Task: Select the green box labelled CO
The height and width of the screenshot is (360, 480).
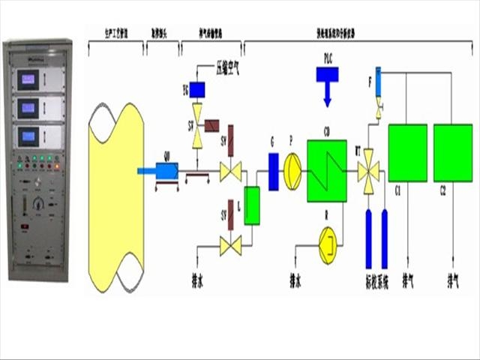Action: pyautogui.click(x=327, y=170)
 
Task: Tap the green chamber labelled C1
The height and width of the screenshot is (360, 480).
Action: pyautogui.click(x=407, y=153)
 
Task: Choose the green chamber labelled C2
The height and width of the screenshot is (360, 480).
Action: pyautogui.click(x=453, y=153)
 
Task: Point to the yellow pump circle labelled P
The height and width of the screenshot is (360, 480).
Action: pyautogui.click(x=292, y=170)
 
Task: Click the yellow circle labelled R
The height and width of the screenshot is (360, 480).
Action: pyautogui.click(x=328, y=244)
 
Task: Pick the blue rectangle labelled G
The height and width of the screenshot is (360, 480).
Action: pyautogui.click(x=273, y=170)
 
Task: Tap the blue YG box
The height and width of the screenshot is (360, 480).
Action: pyautogui.click(x=198, y=90)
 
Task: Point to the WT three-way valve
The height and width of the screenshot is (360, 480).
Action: pyautogui.click(x=368, y=172)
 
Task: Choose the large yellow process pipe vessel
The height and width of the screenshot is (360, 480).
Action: pyautogui.click(x=114, y=196)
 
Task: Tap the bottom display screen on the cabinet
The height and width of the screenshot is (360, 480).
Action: pyautogui.click(x=30, y=136)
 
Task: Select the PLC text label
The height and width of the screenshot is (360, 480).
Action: pyautogui.click(x=328, y=58)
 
